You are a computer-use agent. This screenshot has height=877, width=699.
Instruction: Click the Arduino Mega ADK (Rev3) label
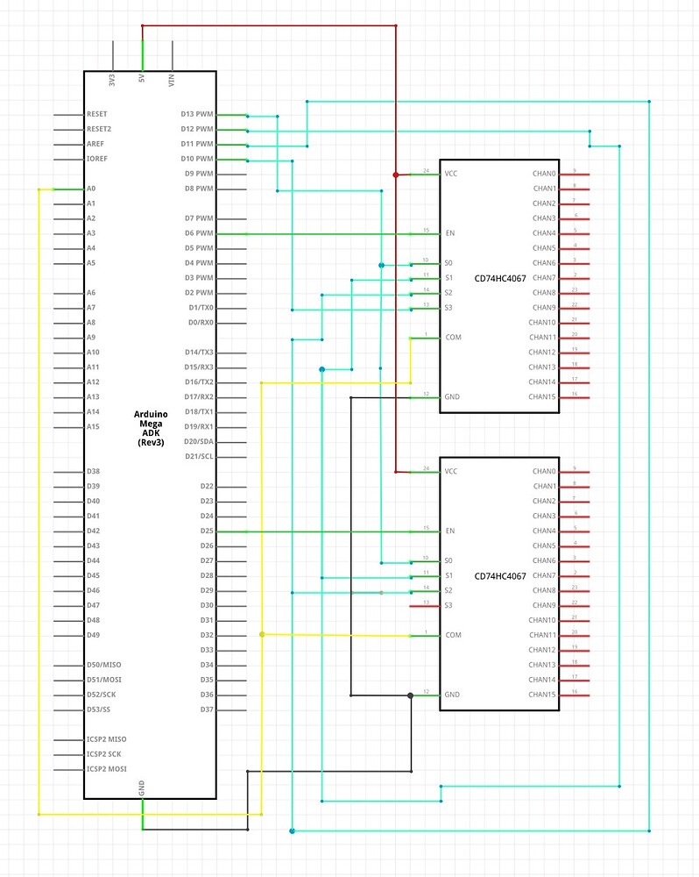(151, 428)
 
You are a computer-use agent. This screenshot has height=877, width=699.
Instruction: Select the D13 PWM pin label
(197, 115)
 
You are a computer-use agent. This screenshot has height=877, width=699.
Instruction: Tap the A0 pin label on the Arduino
(91, 189)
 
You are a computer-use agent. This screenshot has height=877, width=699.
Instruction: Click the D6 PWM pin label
(197, 233)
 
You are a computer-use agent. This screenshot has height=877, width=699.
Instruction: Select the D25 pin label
(207, 531)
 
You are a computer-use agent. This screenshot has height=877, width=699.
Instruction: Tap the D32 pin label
(207, 635)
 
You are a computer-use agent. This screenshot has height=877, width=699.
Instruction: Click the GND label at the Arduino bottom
(142, 788)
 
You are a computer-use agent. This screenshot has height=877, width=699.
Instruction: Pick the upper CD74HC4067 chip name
(500, 278)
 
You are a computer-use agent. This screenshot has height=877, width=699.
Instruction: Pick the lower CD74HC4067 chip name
(500, 576)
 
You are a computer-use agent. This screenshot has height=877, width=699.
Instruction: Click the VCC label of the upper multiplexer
(451, 174)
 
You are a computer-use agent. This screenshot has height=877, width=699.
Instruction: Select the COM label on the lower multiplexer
(453, 635)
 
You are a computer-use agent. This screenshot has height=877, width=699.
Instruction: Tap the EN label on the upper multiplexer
(450, 233)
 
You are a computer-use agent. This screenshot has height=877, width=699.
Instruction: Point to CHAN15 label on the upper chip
(543, 396)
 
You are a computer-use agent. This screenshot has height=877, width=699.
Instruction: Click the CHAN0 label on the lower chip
(544, 472)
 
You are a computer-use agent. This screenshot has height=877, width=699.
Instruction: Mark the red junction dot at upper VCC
(396, 175)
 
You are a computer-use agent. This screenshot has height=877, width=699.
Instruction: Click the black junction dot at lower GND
(411, 695)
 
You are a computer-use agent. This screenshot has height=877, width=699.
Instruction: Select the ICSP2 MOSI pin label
(106, 769)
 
